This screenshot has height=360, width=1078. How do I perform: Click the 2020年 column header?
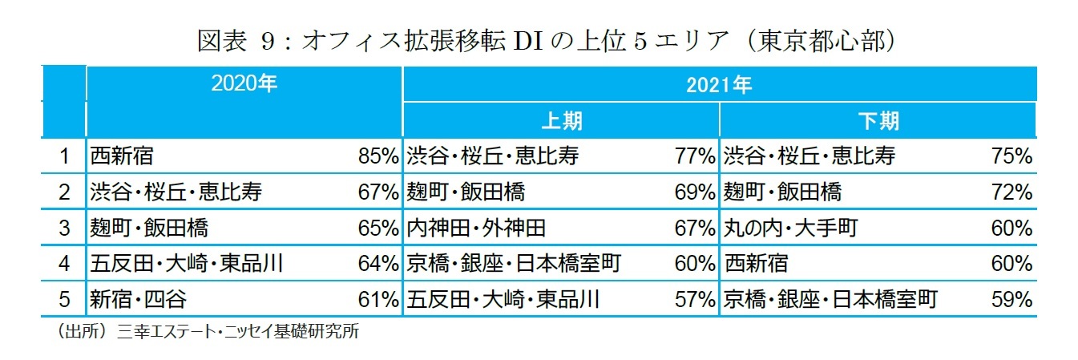[x=243, y=83]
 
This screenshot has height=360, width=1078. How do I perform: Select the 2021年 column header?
[x=718, y=83]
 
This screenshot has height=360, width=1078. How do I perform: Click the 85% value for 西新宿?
[x=378, y=156]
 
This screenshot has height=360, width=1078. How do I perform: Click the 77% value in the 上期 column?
[x=694, y=156]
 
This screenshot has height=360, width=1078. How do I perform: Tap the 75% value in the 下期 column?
[x=1011, y=156]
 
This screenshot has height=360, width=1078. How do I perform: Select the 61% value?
[x=378, y=300]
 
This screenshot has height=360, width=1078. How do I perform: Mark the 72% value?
[x=1011, y=192]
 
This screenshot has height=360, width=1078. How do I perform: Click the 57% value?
[x=694, y=300]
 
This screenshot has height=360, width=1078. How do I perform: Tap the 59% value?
[x=1011, y=300]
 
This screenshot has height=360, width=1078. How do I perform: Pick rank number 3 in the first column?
[x=65, y=228]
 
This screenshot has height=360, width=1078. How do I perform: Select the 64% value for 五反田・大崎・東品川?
[x=378, y=263]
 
